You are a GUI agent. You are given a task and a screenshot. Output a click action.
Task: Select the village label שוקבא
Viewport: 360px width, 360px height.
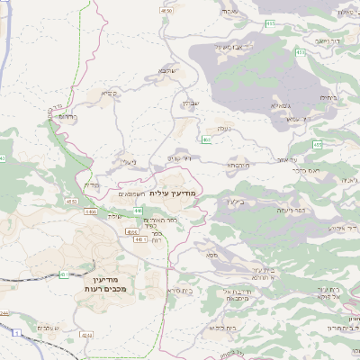[167, 69]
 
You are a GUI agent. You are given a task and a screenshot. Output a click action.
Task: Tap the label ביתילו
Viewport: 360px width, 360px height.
[328, 99]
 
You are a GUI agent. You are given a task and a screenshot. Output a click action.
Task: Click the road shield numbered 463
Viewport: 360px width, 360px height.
[206, 139]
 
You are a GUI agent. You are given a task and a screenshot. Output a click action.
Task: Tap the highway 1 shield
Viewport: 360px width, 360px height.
[15, 333]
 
